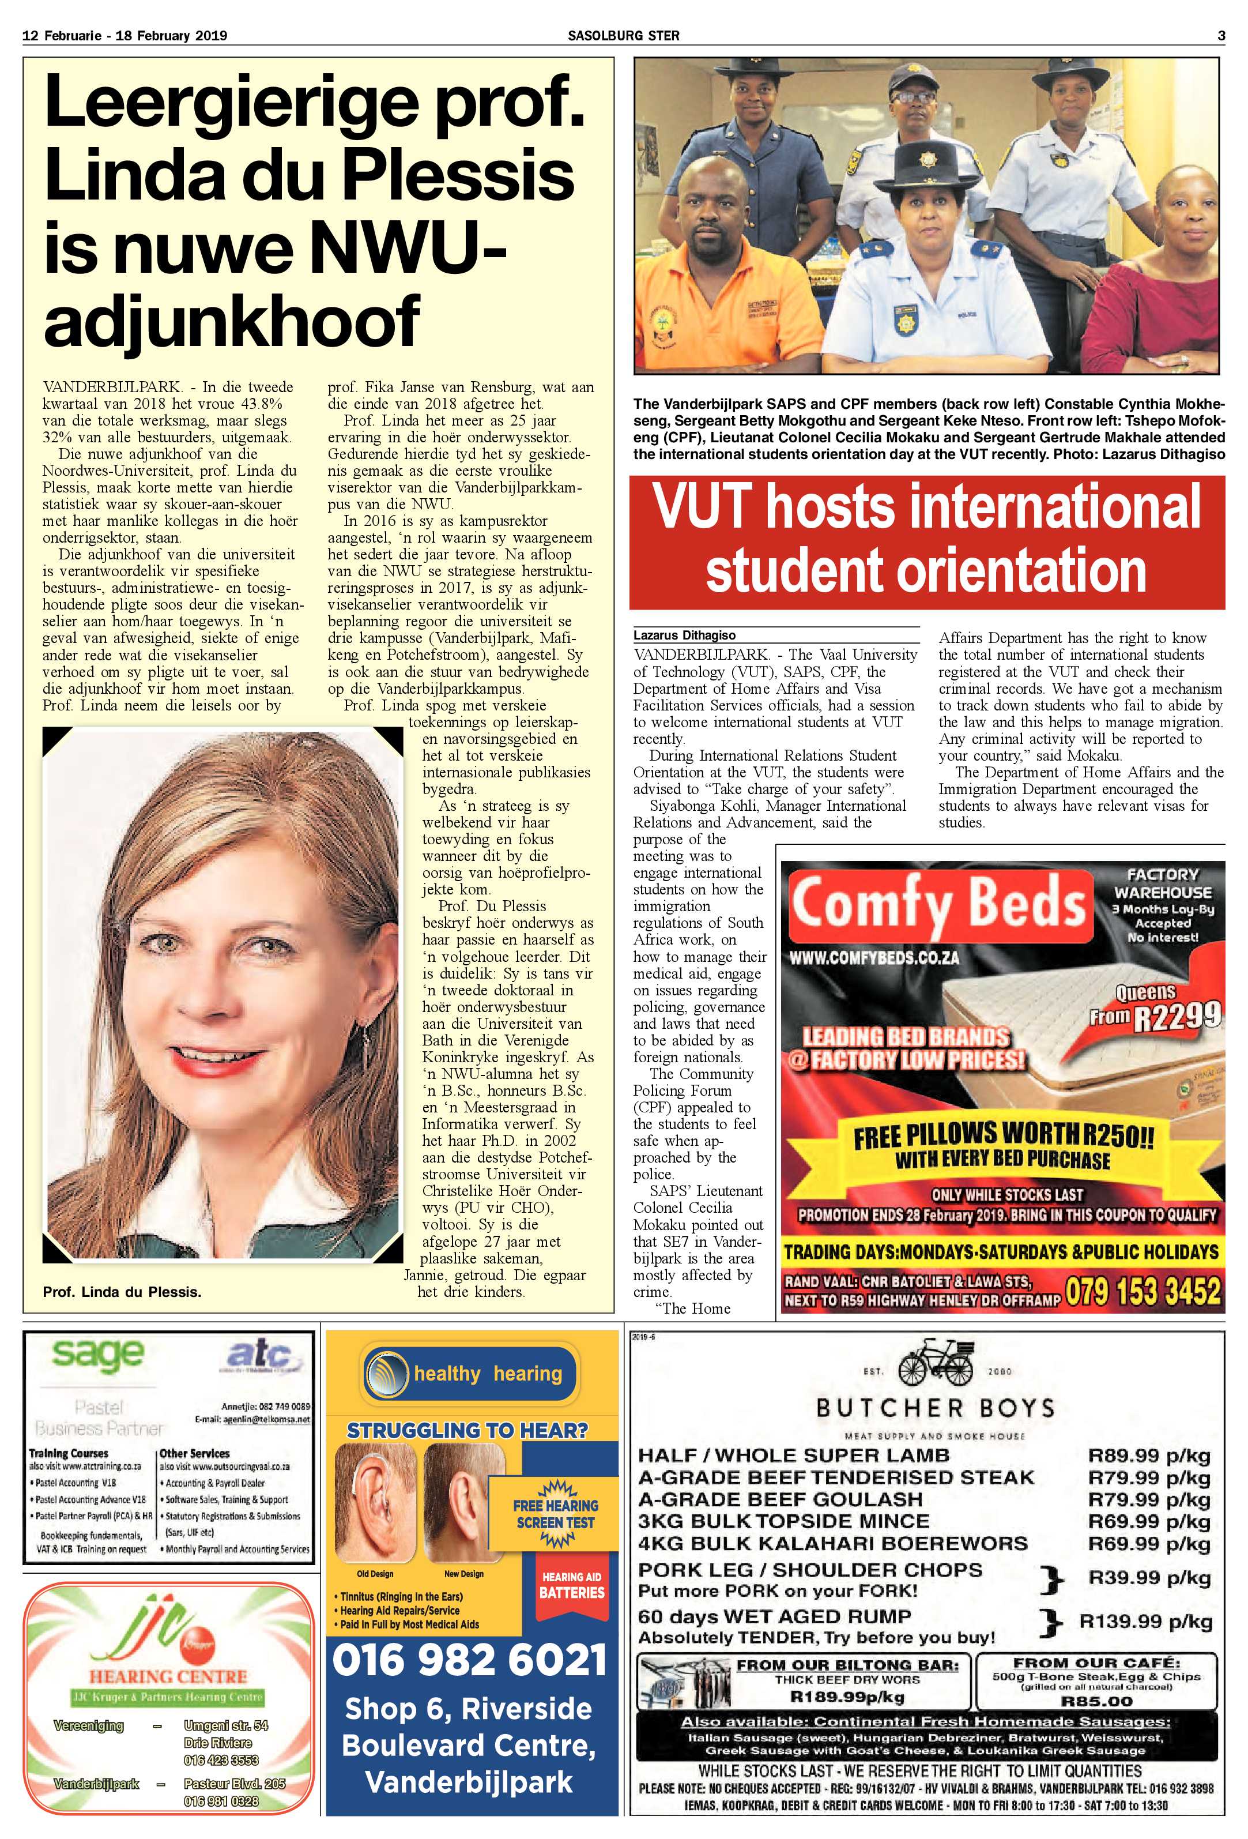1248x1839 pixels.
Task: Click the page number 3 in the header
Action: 1221,35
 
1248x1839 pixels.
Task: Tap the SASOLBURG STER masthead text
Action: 624,35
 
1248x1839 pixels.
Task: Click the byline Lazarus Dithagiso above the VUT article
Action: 684,635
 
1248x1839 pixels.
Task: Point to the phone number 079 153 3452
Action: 1143,1292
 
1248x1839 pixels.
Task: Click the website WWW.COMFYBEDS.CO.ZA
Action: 874,957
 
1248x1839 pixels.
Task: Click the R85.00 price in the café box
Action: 1096,1701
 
